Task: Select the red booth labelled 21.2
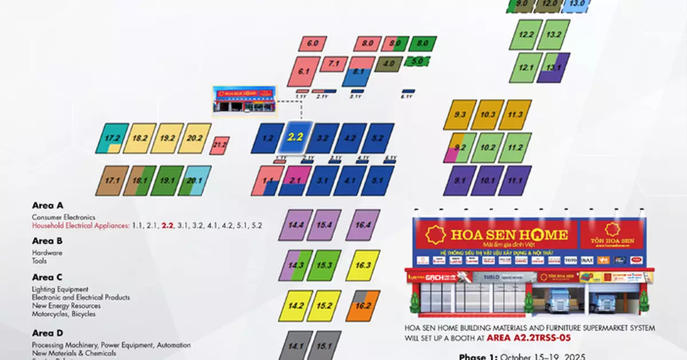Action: coord(219,146)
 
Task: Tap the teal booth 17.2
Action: coord(112,139)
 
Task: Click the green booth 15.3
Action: coord(324,265)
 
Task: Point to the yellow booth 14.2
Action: coord(296,306)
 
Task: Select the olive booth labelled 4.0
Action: coord(389,64)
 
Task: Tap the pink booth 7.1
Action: coord(334,64)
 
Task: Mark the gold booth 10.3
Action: coord(487,114)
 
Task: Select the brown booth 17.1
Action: coord(112,181)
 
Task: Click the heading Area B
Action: coord(47,241)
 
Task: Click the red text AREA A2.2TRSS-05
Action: coord(529,337)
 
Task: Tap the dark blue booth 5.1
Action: coord(377,181)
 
